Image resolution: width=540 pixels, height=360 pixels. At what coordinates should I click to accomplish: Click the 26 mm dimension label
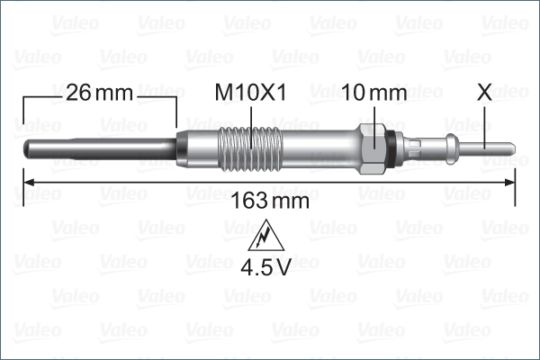[99, 92]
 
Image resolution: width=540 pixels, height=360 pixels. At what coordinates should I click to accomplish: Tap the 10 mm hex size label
[374, 92]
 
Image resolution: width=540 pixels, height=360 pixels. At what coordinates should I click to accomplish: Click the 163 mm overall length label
[270, 201]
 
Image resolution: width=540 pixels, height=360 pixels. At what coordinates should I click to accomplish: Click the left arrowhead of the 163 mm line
[26, 182]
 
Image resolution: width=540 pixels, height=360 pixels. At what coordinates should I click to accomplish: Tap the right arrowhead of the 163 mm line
[510, 182]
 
